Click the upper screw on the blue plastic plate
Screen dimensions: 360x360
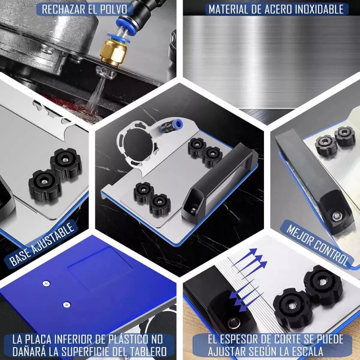[x=46, y=284]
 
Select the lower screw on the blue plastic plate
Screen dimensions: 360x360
[x=66, y=305]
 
